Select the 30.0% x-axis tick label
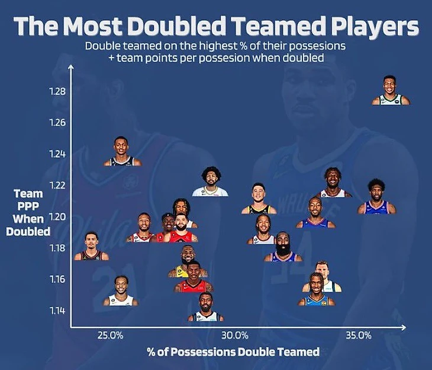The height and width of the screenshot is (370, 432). [234, 335]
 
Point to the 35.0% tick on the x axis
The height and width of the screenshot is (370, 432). [359, 335]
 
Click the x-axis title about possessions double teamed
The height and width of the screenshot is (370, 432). [233, 352]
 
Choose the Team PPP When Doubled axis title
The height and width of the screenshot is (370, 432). [28, 212]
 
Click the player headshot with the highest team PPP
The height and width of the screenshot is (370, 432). [390, 91]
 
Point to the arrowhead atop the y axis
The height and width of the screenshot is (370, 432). [70, 68]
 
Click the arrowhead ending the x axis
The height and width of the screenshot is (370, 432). [404, 327]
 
